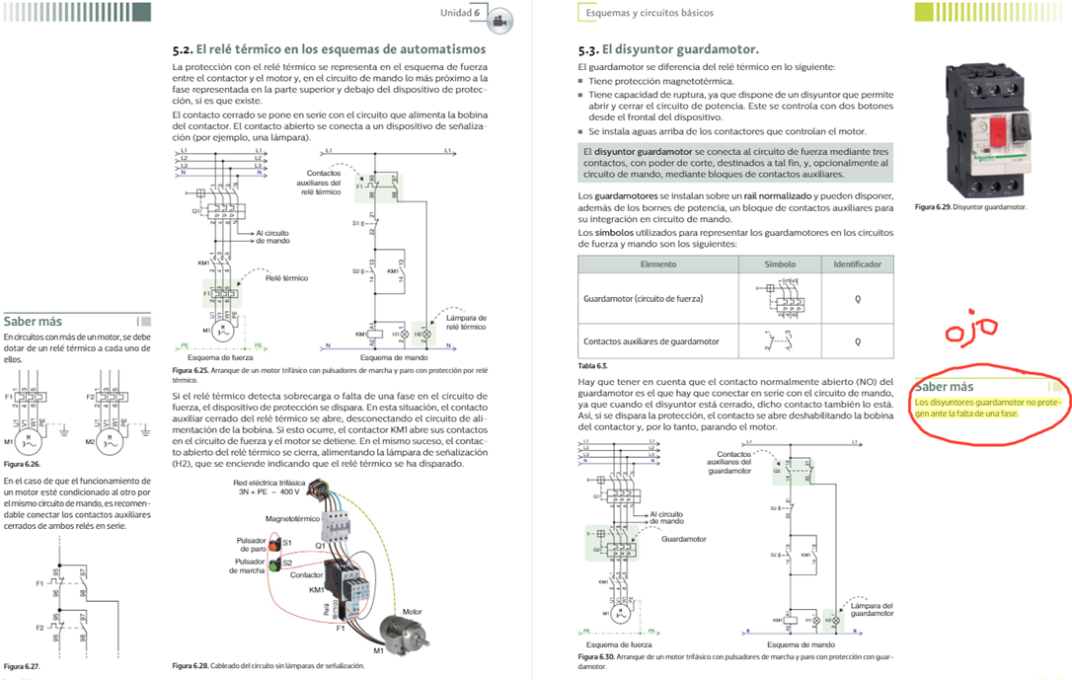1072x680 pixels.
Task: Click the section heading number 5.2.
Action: [182, 48]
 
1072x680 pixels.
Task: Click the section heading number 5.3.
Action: [588, 48]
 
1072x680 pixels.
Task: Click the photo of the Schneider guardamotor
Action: [987, 128]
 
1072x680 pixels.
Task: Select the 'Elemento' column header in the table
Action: [658, 264]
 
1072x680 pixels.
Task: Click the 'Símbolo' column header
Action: [780, 264]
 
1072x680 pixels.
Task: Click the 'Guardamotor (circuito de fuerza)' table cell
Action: [643, 297]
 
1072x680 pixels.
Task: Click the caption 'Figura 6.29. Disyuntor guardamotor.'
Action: [970, 207]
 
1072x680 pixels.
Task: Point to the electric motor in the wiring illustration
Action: [409, 633]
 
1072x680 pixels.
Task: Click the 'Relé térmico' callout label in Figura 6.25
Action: [287, 278]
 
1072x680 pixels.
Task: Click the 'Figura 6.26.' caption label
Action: [22, 464]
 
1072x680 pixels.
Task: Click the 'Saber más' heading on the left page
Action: [34, 322]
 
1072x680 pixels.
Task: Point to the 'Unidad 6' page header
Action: [460, 13]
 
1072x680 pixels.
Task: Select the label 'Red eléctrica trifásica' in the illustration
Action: [267, 483]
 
